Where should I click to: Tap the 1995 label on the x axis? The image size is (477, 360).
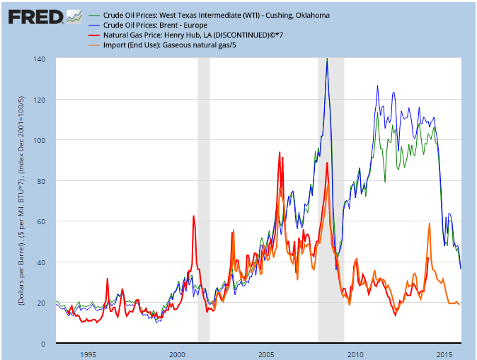[88, 354]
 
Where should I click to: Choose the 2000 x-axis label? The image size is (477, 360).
[177, 354]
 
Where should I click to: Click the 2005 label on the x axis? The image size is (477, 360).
[266, 354]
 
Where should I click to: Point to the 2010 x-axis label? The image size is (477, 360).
[355, 354]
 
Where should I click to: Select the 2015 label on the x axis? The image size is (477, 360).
[444, 354]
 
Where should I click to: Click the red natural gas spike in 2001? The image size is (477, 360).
[193, 216]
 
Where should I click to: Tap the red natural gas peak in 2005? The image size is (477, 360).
[280, 153]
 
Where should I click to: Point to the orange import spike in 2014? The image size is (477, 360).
[430, 224]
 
